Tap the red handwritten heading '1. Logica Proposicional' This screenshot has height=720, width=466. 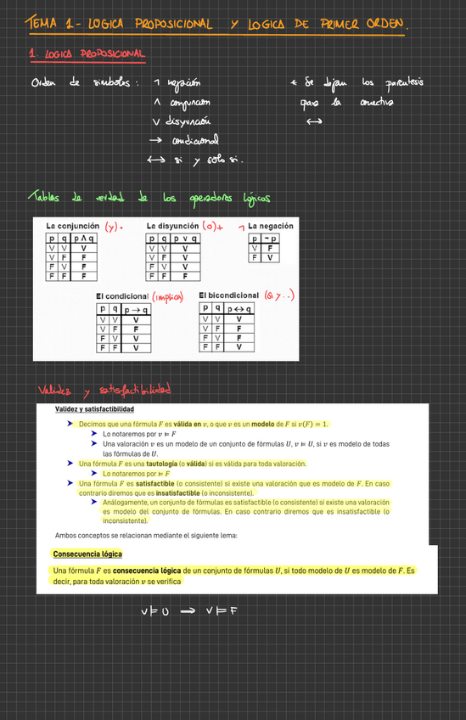click(x=87, y=55)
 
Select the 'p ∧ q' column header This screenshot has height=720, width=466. click(x=83, y=239)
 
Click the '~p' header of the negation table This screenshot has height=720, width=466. click(x=269, y=239)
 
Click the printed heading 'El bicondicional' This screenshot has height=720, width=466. click(x=228, y=295)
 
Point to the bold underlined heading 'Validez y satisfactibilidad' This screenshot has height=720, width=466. click(x=101, y=410)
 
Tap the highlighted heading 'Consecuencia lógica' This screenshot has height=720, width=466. click(x=87, y=554)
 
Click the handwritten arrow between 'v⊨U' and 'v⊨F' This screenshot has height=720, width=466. click(x=188, y=610)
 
